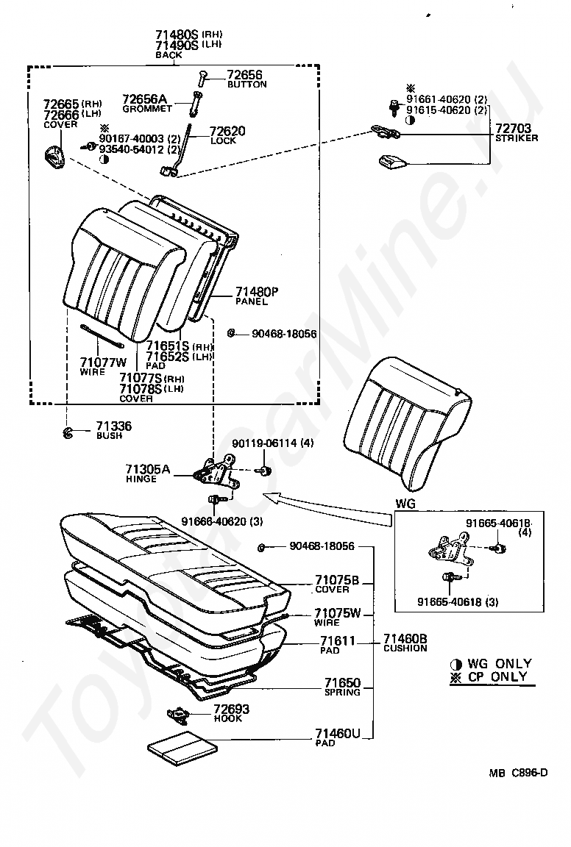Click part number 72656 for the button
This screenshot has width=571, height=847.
[x=244, y=74]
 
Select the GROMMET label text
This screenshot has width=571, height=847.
[x=147, y=109]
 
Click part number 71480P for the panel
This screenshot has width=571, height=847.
[x=257, y=292]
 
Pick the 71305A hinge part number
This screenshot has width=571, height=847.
[x=147, y=469]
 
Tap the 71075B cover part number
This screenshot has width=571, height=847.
[x=337, y=580]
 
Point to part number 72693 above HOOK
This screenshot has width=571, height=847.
[x=231, y=709]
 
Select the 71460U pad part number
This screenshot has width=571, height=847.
[x=338, y=734]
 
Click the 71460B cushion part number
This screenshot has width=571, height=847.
[x=405, y=639]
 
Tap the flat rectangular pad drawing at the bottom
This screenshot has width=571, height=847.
[x=182, y=749]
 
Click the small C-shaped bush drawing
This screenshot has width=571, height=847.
[x=68, y=432]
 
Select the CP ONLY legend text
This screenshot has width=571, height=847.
[x=497, y=676]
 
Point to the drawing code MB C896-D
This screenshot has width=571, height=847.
[x=519, y=772]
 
